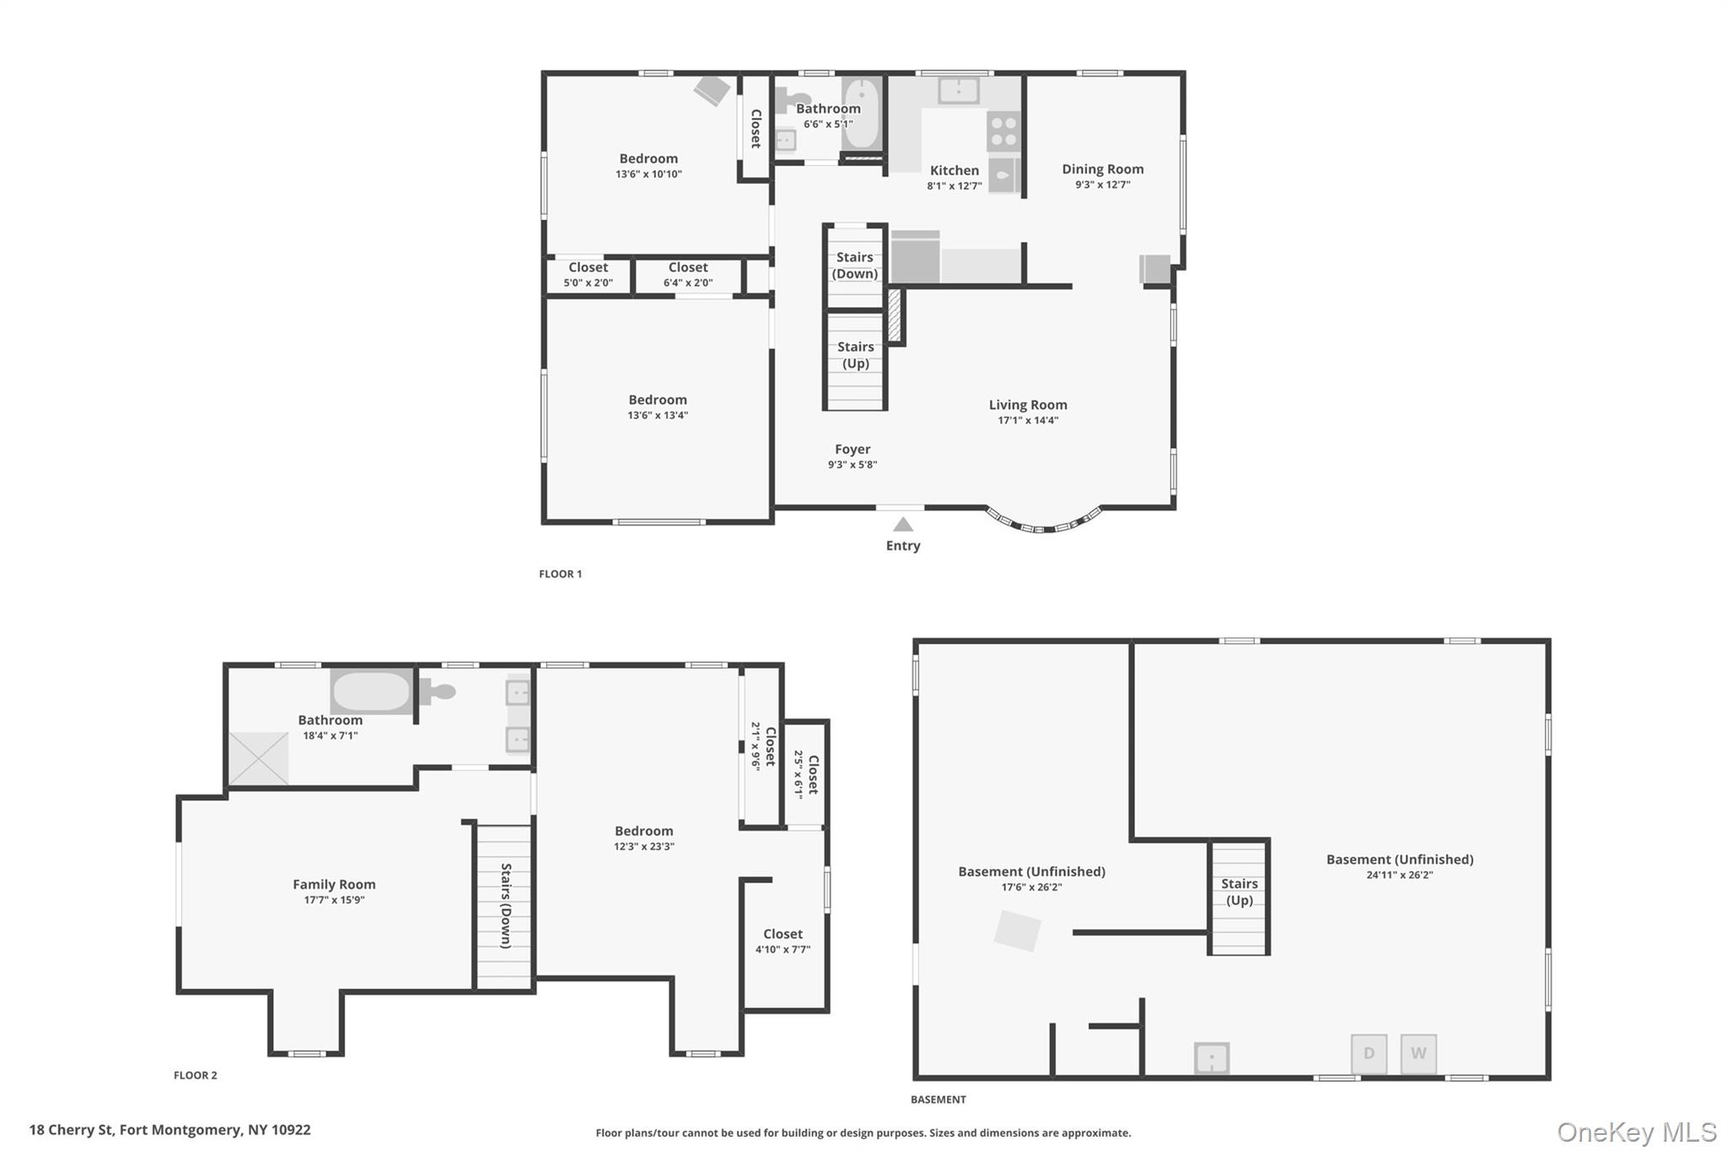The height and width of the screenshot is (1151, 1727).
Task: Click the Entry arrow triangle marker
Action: click(902, 524)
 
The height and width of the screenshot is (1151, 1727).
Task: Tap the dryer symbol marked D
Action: click(1369, 1053)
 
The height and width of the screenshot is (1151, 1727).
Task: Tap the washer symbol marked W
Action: click(1418, 1053)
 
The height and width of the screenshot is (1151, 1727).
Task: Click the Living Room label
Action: click(1027, 405)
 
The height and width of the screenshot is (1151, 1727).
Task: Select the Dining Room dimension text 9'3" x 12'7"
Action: click(1102, 185)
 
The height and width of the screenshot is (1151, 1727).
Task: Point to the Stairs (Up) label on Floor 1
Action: click(855, 355)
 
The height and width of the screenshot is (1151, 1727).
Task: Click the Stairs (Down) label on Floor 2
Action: click(506, 906)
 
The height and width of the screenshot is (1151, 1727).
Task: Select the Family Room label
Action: click(334, 885)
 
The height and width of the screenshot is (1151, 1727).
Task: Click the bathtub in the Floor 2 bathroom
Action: click(371, 691)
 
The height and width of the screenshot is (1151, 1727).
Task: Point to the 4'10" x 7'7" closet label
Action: click(783, 941)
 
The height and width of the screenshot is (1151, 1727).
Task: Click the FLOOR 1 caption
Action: click(560, 574)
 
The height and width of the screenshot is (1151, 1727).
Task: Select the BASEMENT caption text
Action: click(938, 1100)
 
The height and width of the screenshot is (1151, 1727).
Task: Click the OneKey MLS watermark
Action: click(1636, 1132)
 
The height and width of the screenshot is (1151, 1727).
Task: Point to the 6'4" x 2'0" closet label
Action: click(687, 275)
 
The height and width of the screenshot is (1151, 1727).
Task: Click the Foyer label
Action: click(852, 449)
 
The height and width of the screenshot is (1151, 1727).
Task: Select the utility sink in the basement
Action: click(1211, 1057)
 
